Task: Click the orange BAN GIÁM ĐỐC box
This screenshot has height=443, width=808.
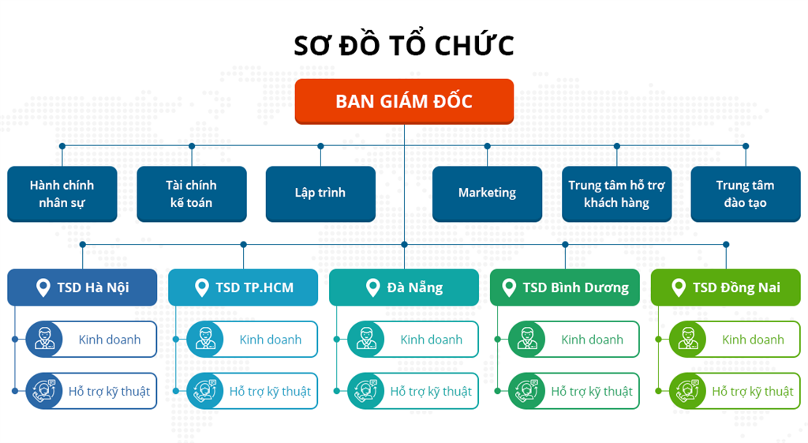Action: click(404, 101)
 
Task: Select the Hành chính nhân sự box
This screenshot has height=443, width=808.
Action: click(62, 193)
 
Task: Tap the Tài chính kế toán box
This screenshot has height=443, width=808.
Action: click(191, 193)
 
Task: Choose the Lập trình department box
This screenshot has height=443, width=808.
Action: click(320, 193)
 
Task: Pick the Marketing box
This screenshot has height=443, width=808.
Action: click(487, 193)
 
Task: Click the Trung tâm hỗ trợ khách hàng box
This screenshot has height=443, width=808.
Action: click(616, 193)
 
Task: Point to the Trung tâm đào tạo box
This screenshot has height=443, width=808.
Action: click(746, 193)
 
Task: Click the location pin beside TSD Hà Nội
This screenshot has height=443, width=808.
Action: click(43, 287)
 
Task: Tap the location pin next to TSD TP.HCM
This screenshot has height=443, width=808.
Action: click(203, 287)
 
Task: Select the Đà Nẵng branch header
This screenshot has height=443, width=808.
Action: click(404, 287)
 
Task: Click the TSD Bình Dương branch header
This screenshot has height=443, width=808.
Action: click(565, 287)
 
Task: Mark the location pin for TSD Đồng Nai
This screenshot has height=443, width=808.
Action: click(678, 287)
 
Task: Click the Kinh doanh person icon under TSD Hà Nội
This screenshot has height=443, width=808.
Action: click(44, 340)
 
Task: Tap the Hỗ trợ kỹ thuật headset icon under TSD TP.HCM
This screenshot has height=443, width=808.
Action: click(205, 391)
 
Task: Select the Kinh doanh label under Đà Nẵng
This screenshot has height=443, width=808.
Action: click(431, 340)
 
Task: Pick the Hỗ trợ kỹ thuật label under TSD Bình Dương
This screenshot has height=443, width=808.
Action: click(592, 391)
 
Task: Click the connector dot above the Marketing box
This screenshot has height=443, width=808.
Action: click(487, 146)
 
